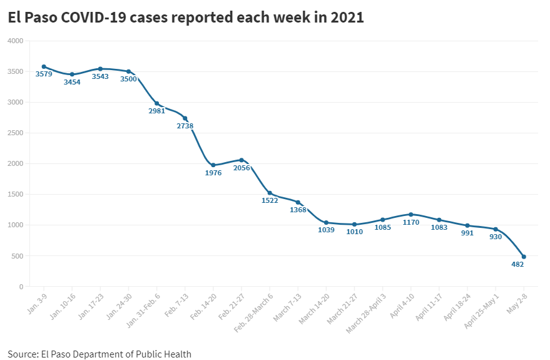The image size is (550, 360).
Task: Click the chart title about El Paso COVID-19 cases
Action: coord(185,18)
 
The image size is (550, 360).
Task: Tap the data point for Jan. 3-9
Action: coord(44,66)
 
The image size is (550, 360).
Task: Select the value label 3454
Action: coord(72,82)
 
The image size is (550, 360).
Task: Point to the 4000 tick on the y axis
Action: coord(15,41)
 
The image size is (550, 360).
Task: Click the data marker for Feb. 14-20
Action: coord(213,165)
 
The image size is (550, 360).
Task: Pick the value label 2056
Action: coord(242,168)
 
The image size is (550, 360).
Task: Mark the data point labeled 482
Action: coord(524,257)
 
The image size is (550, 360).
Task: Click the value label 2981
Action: coord(156,111)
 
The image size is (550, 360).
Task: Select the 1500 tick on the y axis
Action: coord(15,195)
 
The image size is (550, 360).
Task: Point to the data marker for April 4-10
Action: coord(411,214)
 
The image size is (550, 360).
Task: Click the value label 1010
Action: coord(354,232)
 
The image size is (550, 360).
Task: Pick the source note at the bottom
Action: coord(99,354)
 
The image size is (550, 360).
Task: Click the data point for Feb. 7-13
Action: coord(185,118)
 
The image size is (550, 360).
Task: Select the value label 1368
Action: coord(298,210)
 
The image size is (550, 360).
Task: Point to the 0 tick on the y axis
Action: coord(21,287)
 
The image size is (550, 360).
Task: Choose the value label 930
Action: coord(496,237)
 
